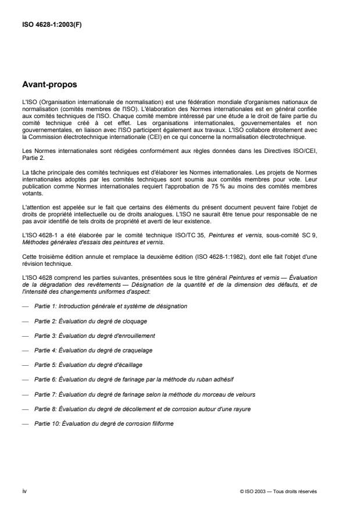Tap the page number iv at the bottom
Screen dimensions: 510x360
24,491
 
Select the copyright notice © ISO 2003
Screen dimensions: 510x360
278,491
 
